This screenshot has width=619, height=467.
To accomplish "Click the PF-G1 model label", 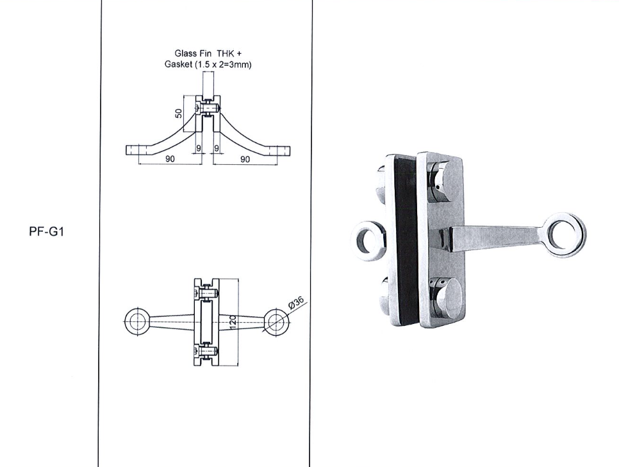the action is pyautogui.click(x=46, y=232).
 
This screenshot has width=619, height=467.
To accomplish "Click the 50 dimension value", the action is pyautogui.click(x=179, y=114).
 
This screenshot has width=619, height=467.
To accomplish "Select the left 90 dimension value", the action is pyautogui.click(x=170, y=159).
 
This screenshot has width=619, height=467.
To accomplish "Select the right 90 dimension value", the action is pyautogui.click(x=245, y=159).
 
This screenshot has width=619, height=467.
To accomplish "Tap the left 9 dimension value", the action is pyautogui.click(x=199, y=148).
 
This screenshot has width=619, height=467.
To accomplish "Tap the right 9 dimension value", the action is pyautogui.click(x=217, y=148).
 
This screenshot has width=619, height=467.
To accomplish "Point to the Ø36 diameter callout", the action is pyautogui.click(x=297, y=302).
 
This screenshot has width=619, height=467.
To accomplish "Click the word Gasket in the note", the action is pyautogui.click(x=178, y=64).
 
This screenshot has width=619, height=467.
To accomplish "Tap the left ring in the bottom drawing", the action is pyautogui.click(x=137, y=321).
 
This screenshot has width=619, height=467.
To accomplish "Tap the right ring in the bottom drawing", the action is pyautogui.click(x=277, y=321).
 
